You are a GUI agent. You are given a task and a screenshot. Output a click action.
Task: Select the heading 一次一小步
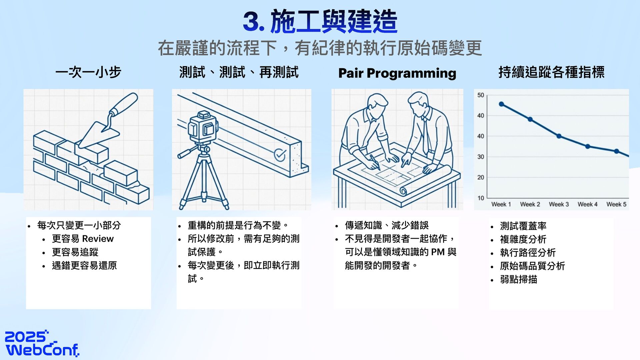coord(88,72)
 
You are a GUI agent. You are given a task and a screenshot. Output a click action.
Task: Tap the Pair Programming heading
coord(397,73)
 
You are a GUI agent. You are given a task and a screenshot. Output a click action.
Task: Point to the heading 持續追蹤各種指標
coord(551,72)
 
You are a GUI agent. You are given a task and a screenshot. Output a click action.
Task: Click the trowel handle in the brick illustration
coord(124,104)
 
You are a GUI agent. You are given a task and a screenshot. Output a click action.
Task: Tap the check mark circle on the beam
coord(280,155)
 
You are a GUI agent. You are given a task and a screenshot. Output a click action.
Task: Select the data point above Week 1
coord(501,104)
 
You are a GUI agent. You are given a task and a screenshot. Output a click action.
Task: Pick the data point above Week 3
coord(559,136)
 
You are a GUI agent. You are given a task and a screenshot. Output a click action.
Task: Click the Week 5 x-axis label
coord(616,204)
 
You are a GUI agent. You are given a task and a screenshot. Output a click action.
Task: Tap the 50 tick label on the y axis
coord(481,95)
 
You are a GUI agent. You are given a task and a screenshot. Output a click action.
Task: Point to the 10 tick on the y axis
coord(481,198)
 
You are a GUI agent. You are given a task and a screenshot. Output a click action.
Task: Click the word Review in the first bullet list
coord(98,239)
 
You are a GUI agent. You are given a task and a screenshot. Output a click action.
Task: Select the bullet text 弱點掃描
coord(518,279)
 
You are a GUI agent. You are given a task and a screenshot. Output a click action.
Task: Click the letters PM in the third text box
coord(438,252)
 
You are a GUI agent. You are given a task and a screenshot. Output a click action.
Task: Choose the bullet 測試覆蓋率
coord(523,226)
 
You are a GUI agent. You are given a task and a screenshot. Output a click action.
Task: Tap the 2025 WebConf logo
coord(42,343)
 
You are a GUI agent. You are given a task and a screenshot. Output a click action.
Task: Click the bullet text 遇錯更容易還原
coord(84,266)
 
